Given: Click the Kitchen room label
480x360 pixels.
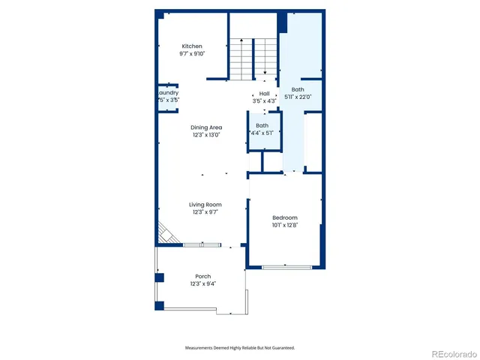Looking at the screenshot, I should click(x=192, y=46).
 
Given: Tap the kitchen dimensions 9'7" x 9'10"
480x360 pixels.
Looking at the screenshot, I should click(x=192, y=54).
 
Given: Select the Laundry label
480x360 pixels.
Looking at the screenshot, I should click(x=169, y=93).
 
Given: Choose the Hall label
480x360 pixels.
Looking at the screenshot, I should click(x=265, y=94).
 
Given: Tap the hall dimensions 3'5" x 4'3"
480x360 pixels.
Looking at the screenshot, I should click(x=265, y=101).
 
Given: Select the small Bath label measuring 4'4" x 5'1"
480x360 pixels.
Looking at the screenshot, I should click(x=262, y=125).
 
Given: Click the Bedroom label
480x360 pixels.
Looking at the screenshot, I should click(x=285, y=217).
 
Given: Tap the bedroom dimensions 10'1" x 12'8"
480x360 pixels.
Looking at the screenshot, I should click(x=285, y=225).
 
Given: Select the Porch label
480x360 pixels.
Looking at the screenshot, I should click(x=203, y=276).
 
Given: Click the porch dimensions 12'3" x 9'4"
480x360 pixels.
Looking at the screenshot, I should click(x=203, y=283).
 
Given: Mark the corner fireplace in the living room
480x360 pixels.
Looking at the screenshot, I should click(x=166, y=234).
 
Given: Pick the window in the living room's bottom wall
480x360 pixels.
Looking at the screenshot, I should click(x=202, y=244).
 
